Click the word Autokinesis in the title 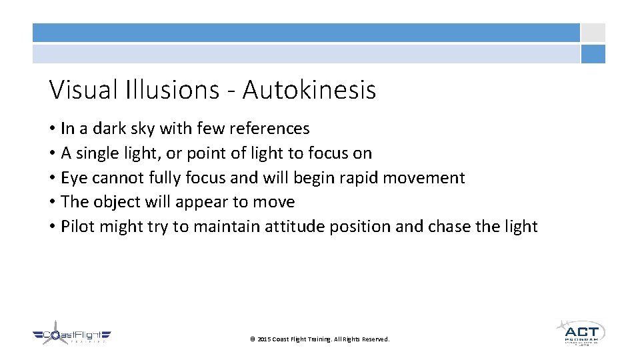coord(309,89)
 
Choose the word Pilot coord(77,226)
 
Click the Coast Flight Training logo coord(71,337)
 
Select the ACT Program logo coord(580,333)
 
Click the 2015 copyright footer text coord(319,339)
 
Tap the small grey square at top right coord(593,33)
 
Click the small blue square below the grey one coord(593,54)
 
